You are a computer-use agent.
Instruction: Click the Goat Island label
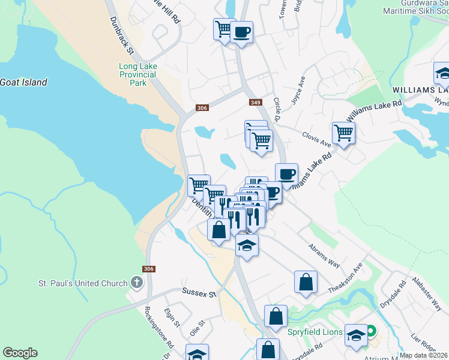click(24, 82)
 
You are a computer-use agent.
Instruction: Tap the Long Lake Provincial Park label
click(137, 74)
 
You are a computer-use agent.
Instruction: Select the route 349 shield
click(255, 103)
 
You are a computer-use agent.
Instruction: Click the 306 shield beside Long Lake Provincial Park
click(202, 108)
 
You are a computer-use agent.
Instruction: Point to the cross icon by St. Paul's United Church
click(136, 283)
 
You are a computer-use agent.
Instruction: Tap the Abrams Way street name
click(325, 254)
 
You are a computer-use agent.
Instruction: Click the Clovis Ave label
click(317, 139)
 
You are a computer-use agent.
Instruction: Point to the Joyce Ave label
click(298, 91)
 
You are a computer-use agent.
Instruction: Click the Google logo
click(20, 353)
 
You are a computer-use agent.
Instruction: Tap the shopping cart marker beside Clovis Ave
click(343, 133)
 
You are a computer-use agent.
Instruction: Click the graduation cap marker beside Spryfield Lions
click(356, 335)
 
